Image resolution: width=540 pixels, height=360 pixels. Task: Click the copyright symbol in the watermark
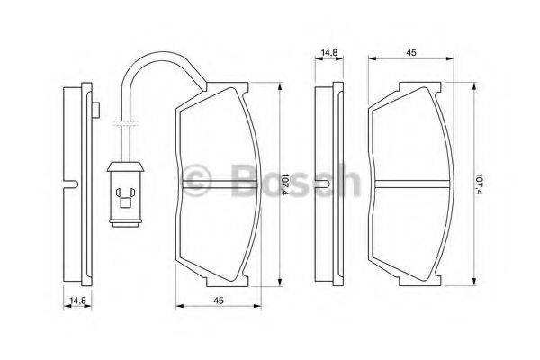[197, 176]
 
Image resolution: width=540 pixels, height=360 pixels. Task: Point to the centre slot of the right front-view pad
[410, 184]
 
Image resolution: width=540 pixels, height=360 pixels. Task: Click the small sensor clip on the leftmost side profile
[94, 109]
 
